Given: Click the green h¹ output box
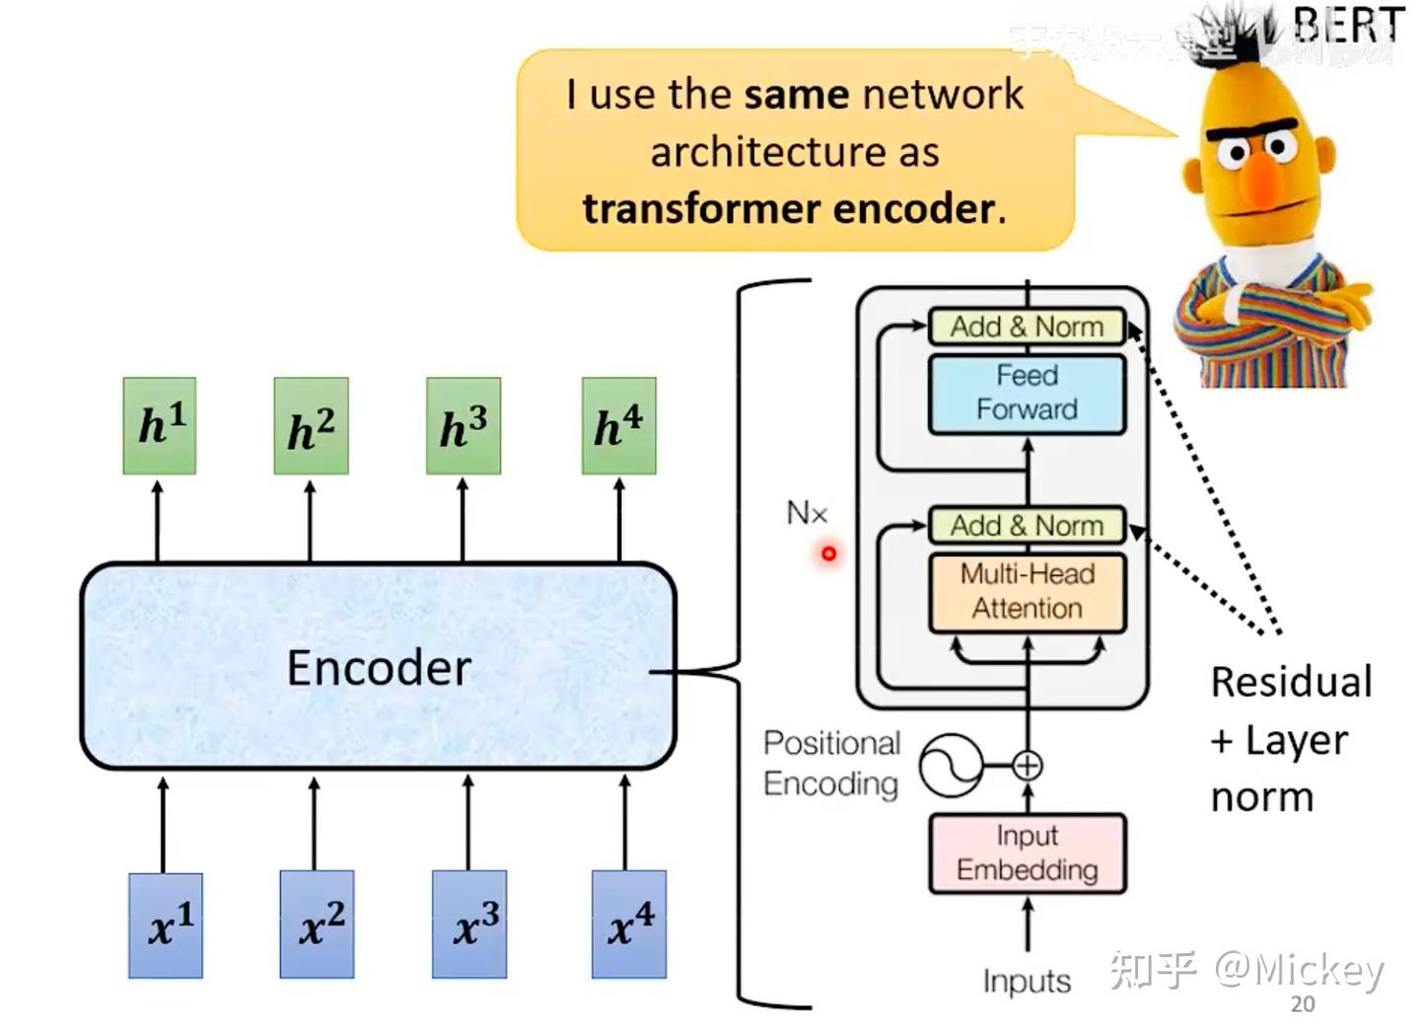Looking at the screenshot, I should [x=160, y=425].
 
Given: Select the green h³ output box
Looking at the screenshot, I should [x=463, y=425].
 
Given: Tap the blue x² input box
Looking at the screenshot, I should [x=317, y=924].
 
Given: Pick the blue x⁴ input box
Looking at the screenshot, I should [x=629, y=924].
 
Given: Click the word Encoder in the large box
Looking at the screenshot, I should [x=379, y=668].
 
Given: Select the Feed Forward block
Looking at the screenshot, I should [x=1027, y=393].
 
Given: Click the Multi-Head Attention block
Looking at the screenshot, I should [x=1027, y=591].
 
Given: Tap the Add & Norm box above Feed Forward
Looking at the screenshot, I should [x=1027, y=327].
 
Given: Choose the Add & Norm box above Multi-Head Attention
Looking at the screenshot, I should [x=1027, y=526].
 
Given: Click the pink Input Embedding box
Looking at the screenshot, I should [x=1027, y=853].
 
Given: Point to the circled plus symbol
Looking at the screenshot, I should [x=1028, y=766].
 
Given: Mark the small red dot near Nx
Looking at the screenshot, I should [x=828, y=553].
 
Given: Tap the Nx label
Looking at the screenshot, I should [x=807, y=513].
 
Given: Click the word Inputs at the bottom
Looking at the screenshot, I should [x=1027, y=981].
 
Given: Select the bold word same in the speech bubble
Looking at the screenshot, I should [x=796, y=95].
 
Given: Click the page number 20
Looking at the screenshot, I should [x=1303, y=1004].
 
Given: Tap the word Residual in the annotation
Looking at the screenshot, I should [x=1291, y=682].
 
